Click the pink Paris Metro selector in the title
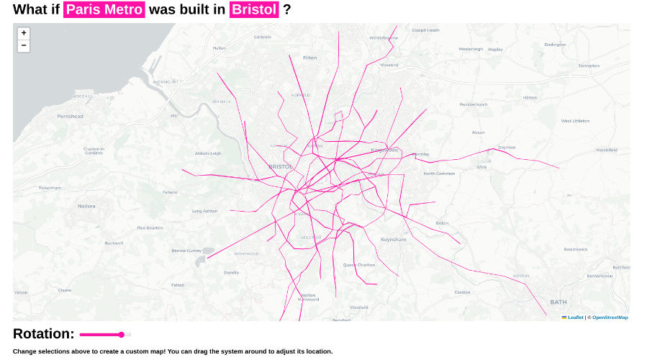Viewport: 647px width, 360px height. tap(104, 10)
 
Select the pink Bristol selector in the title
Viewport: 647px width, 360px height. tap(254, 10)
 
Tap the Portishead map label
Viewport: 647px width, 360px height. tap(71, 116)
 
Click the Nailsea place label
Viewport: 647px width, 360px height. tap(86, 206)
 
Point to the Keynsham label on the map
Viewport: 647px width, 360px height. tap(394, 239)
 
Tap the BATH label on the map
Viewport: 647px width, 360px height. tap(558, 302)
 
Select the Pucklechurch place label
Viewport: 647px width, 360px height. tap(474, 104)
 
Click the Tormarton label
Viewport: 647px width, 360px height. tap(589, 66)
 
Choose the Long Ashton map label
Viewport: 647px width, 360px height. tap(204, 211)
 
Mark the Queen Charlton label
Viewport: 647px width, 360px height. tap(358, 265)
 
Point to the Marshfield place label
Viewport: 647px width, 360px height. tap(606, 150)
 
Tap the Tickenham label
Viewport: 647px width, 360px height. tap(50, 188)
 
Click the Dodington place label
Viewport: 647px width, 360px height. tap(555, 45)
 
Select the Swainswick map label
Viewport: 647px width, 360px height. tap(576, 249)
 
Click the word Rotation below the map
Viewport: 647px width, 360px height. tap(44, 334)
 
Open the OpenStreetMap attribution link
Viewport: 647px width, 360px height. tap(610, 318)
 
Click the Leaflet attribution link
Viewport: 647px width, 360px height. tap(576, 318)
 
